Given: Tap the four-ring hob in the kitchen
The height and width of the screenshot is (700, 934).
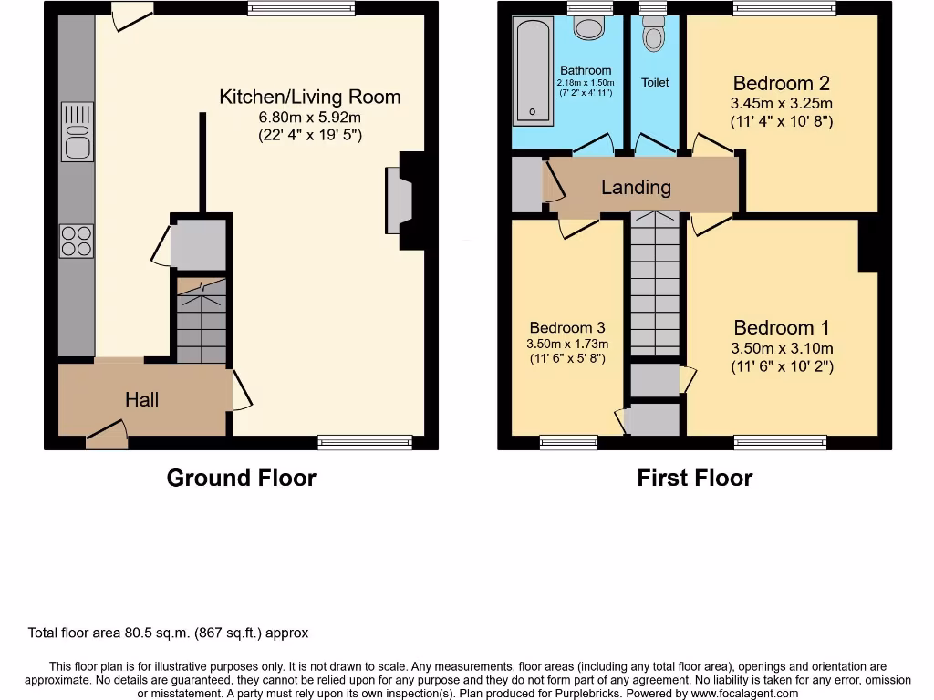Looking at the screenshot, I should pyautogui.click(x=77, y=241).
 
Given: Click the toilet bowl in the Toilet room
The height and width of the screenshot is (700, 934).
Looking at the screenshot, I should pyautogui.click(x=654, y=36).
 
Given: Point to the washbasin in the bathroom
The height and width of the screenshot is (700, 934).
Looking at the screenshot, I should pyautogui.click(x=589, y=27).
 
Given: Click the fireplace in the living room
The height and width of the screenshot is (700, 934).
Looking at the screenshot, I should pyautogui.click(x=399, y=201).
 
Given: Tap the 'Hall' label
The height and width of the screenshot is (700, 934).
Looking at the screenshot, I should pyautogui.click(x=141, y=399).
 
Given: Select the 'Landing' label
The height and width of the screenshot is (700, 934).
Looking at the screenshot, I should pyautogui.click(x=636, y=188).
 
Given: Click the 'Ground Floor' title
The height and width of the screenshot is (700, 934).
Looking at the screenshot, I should pyautogui.click(x=241, y=478).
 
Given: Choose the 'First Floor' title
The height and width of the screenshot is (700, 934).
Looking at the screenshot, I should pyautogui.click(x=694, y=478).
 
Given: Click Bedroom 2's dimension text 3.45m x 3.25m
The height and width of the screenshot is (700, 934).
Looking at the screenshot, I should pyautogui.click(x=782, y=103).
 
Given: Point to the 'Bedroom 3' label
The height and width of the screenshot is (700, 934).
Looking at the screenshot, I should pyautogui.click(x=566, y=328).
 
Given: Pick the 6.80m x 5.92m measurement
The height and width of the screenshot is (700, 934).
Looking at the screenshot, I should pyautogui.click(x=310, y=118).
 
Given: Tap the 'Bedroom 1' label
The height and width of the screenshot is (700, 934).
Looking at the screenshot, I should pyautogui.click(x=782, y=327).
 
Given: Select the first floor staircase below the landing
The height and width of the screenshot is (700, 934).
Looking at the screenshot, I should pyautogui.click(x=655, y=283).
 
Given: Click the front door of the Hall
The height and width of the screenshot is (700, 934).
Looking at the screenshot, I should pyautogui.click(x=107, y=436).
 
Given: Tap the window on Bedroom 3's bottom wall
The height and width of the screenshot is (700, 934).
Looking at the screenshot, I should pyautogui.click(x=568, y=443).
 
